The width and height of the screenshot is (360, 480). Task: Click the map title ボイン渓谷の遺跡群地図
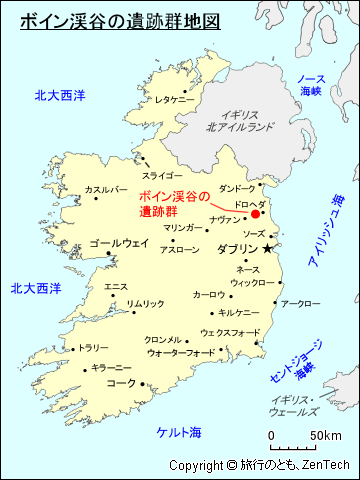point(119,20)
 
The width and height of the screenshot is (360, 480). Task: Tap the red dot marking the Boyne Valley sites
point(255,213)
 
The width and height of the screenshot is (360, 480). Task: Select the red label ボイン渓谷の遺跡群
point(175,204)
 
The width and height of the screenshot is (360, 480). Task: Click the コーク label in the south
point(120,383)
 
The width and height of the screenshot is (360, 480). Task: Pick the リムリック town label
point(144,304)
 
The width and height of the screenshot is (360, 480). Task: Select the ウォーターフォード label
point(180,353)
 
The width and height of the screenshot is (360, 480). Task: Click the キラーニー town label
point(111,368)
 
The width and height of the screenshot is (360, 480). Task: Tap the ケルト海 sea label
point(179,432)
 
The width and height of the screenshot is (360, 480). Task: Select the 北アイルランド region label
point(241,122)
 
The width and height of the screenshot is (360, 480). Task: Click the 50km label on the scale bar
point(325,436)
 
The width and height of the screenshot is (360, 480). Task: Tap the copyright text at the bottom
point(262,465)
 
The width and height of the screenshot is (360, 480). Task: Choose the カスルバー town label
point(106,189)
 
